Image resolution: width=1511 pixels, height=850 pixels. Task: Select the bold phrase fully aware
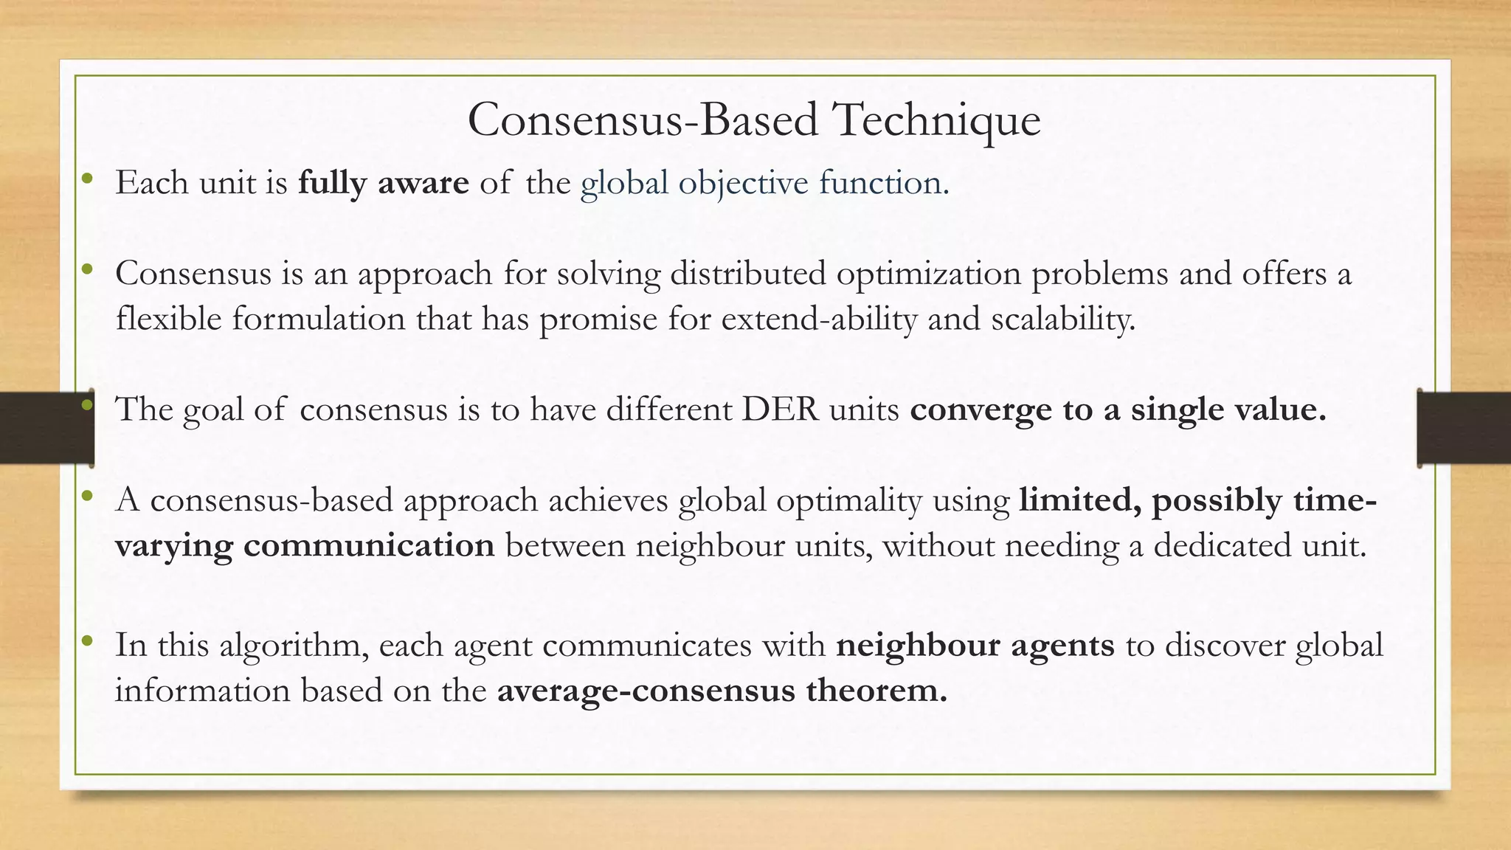click(x=383, y=182)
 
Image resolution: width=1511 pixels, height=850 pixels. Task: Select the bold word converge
click(x=981, y=410)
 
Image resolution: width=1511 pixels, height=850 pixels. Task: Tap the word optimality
click(x=848, y=500)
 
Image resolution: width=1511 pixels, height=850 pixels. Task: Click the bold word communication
click(x=369, y=545)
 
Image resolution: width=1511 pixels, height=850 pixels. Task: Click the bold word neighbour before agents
click(x=917, y=645)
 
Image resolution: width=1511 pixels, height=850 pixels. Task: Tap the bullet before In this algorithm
click(x=87, y=640)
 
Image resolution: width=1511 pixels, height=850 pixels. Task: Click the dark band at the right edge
click(x=1465, y=428)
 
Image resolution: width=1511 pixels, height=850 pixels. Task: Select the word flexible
click(x=168, y=319)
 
